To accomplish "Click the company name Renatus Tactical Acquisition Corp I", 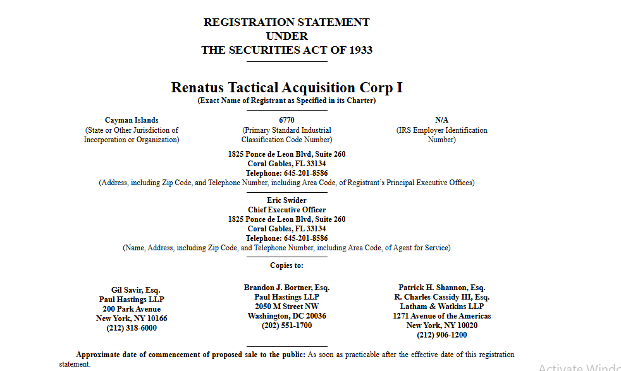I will [286, 87].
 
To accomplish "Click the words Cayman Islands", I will [132, 120].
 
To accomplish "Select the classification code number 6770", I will [286, 120].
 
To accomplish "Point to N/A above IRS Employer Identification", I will [441, 120].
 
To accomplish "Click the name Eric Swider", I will [286, 200].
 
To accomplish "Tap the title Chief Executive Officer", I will [286, 210].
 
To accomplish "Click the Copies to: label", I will [286, 265].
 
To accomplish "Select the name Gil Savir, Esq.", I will [132, 290].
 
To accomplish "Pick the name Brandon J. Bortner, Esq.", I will [286, 288].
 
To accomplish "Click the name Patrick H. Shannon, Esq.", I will [441, 288].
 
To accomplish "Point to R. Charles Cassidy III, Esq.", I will [441, 297].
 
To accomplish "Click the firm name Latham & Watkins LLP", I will [441, 307].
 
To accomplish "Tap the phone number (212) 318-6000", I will [132, 328].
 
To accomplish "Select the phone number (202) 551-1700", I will [286, 325].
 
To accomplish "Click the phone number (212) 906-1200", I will [441, 335].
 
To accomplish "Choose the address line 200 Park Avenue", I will [132, 309].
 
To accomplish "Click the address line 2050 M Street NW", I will [286, 307].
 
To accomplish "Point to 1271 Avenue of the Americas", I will [441, 316].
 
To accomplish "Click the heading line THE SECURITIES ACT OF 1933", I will [286, 50].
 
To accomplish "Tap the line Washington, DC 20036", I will [286, 316].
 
